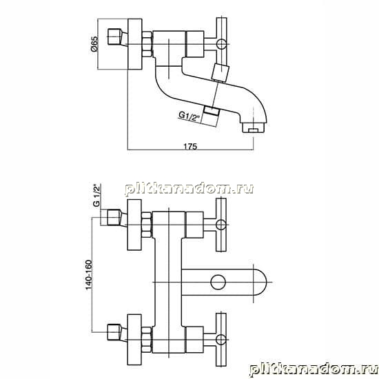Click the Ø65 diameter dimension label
(94, 43)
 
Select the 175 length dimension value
(190, 147)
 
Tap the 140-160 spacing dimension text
(89, 274)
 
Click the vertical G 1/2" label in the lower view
(96, 196)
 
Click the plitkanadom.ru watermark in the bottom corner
(314, 369)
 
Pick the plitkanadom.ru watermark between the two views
(189, 189)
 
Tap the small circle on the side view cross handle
(221, 44)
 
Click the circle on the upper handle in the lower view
(221, 225)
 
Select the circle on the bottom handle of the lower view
(221, 340)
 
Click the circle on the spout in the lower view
(218, 282)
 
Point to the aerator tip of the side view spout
(254, 127)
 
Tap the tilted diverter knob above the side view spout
(220, 72)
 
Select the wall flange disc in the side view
(135, 44)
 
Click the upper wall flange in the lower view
(134, 225)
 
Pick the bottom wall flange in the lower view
(134, 340)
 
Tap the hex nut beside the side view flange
(147, 44)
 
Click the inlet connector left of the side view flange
(117, 37)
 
